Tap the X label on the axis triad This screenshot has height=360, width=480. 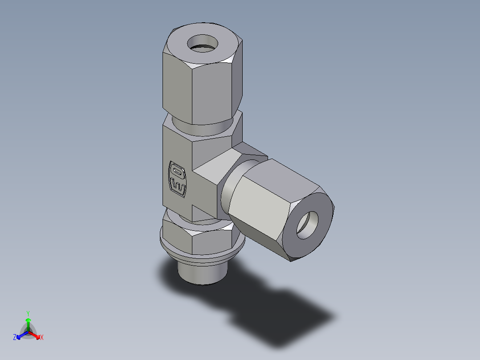42,338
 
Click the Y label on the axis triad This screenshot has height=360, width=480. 28,313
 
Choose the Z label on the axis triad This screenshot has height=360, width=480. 15,338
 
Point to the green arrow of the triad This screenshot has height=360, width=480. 28,323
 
